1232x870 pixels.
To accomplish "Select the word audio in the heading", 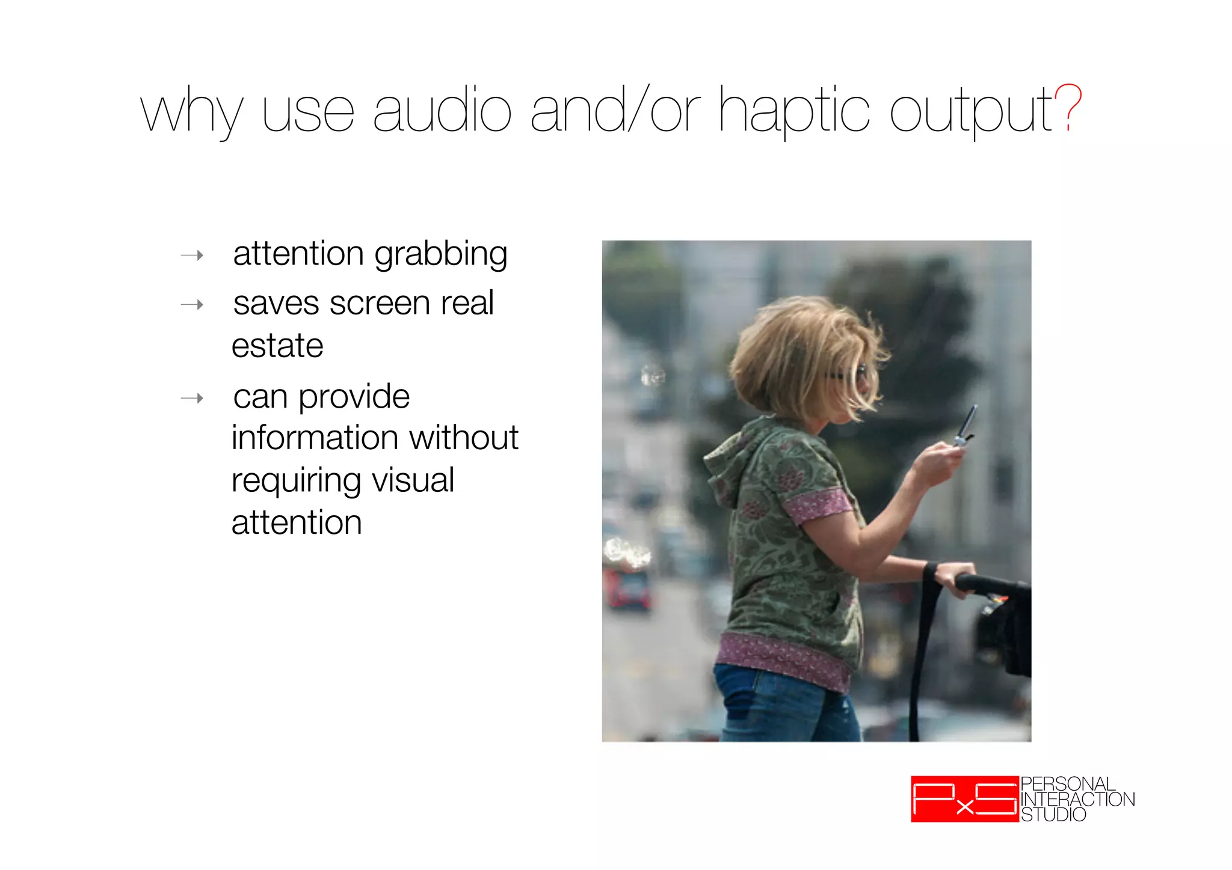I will point(442,110).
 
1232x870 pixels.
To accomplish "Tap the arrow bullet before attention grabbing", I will point(192,256).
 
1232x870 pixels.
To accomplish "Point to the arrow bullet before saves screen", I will point(192,305).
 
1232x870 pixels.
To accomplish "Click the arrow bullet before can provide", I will point(192,398).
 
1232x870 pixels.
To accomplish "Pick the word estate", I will point(277,346).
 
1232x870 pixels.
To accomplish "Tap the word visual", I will point(413,480).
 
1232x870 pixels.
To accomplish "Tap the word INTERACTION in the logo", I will point(1077,800).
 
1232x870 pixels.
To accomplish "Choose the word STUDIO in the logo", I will point(1053,815).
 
